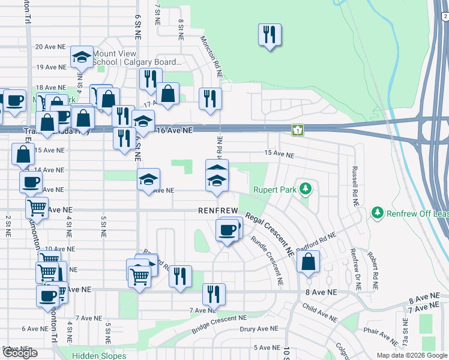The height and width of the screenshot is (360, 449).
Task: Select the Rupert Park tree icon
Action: coord(306,190)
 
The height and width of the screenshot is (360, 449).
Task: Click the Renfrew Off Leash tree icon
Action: coord(377,212)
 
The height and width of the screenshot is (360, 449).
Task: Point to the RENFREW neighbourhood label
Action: coord(218,211)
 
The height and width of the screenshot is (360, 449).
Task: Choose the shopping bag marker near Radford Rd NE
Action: coord(308,262)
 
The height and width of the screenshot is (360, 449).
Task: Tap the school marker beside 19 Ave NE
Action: coord(82,58)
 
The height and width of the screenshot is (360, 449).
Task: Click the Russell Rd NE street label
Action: coord(355,186)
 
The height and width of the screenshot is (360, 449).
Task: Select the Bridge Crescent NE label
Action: coord(219,325)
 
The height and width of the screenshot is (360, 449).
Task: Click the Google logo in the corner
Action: coord(20,353)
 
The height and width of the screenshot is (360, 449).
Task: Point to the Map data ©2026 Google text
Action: coord(412,355)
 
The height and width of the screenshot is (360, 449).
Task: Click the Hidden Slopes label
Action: coord(99,356)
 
